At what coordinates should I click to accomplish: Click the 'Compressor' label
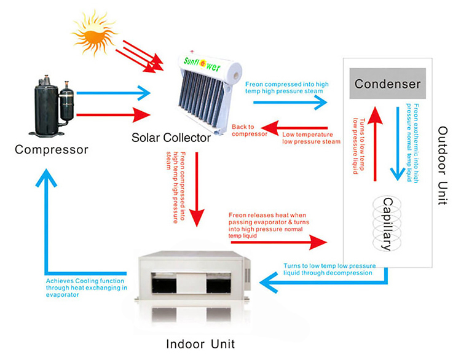tap(52, 149)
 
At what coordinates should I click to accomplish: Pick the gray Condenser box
tap(387, 84)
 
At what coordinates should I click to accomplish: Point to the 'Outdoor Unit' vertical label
tap(444, 166)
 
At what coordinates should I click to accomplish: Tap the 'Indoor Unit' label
tap(200, 343)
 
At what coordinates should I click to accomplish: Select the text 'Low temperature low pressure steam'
tap(311, 138)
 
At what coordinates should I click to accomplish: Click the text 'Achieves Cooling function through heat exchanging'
tap(86, 286)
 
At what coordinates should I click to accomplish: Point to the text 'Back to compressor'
tap(250, 130)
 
